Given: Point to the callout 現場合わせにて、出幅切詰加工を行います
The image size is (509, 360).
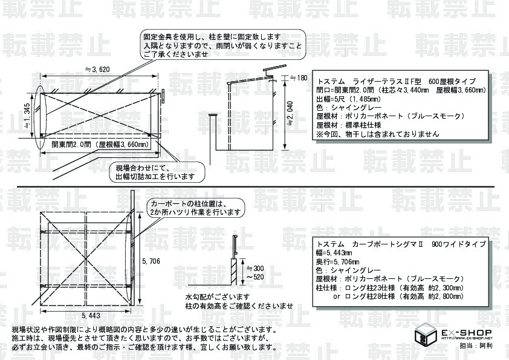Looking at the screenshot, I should click(x=155, y=172).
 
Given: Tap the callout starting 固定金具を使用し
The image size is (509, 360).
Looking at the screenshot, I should click(x=221, y=45).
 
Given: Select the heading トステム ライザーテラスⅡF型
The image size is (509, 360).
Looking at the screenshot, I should click(x=397, y=81).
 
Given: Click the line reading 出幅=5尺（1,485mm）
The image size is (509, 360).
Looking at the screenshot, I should click(x=348, y=99).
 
